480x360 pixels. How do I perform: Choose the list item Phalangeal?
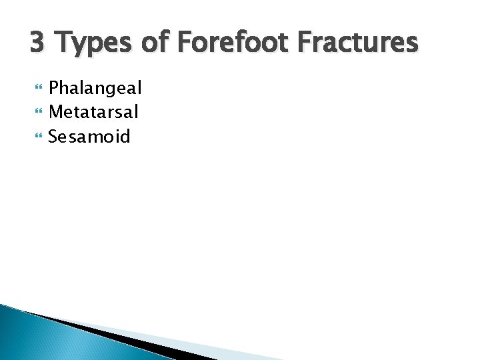[x=95, y=88]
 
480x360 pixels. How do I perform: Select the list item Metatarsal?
[x=93, y=112]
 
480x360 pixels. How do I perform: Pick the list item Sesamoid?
[x=89, y=137]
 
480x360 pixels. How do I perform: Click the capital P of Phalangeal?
[x=54, y=88]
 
